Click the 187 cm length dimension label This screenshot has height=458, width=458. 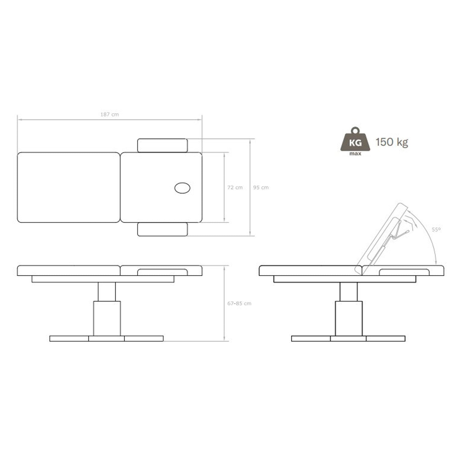pos(110,114)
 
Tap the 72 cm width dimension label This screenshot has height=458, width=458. pos(235,187)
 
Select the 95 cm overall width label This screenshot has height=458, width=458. pos(261,187)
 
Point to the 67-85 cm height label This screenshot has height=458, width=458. pos(239,304)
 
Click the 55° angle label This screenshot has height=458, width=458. pos(436,229)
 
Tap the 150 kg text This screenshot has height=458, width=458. pos(392,142)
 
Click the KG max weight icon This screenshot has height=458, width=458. pos(355,141)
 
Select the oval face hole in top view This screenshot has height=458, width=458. pos(182,188)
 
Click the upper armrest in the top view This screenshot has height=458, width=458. pos(162,146)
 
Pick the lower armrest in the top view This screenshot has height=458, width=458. pos(162,229)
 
